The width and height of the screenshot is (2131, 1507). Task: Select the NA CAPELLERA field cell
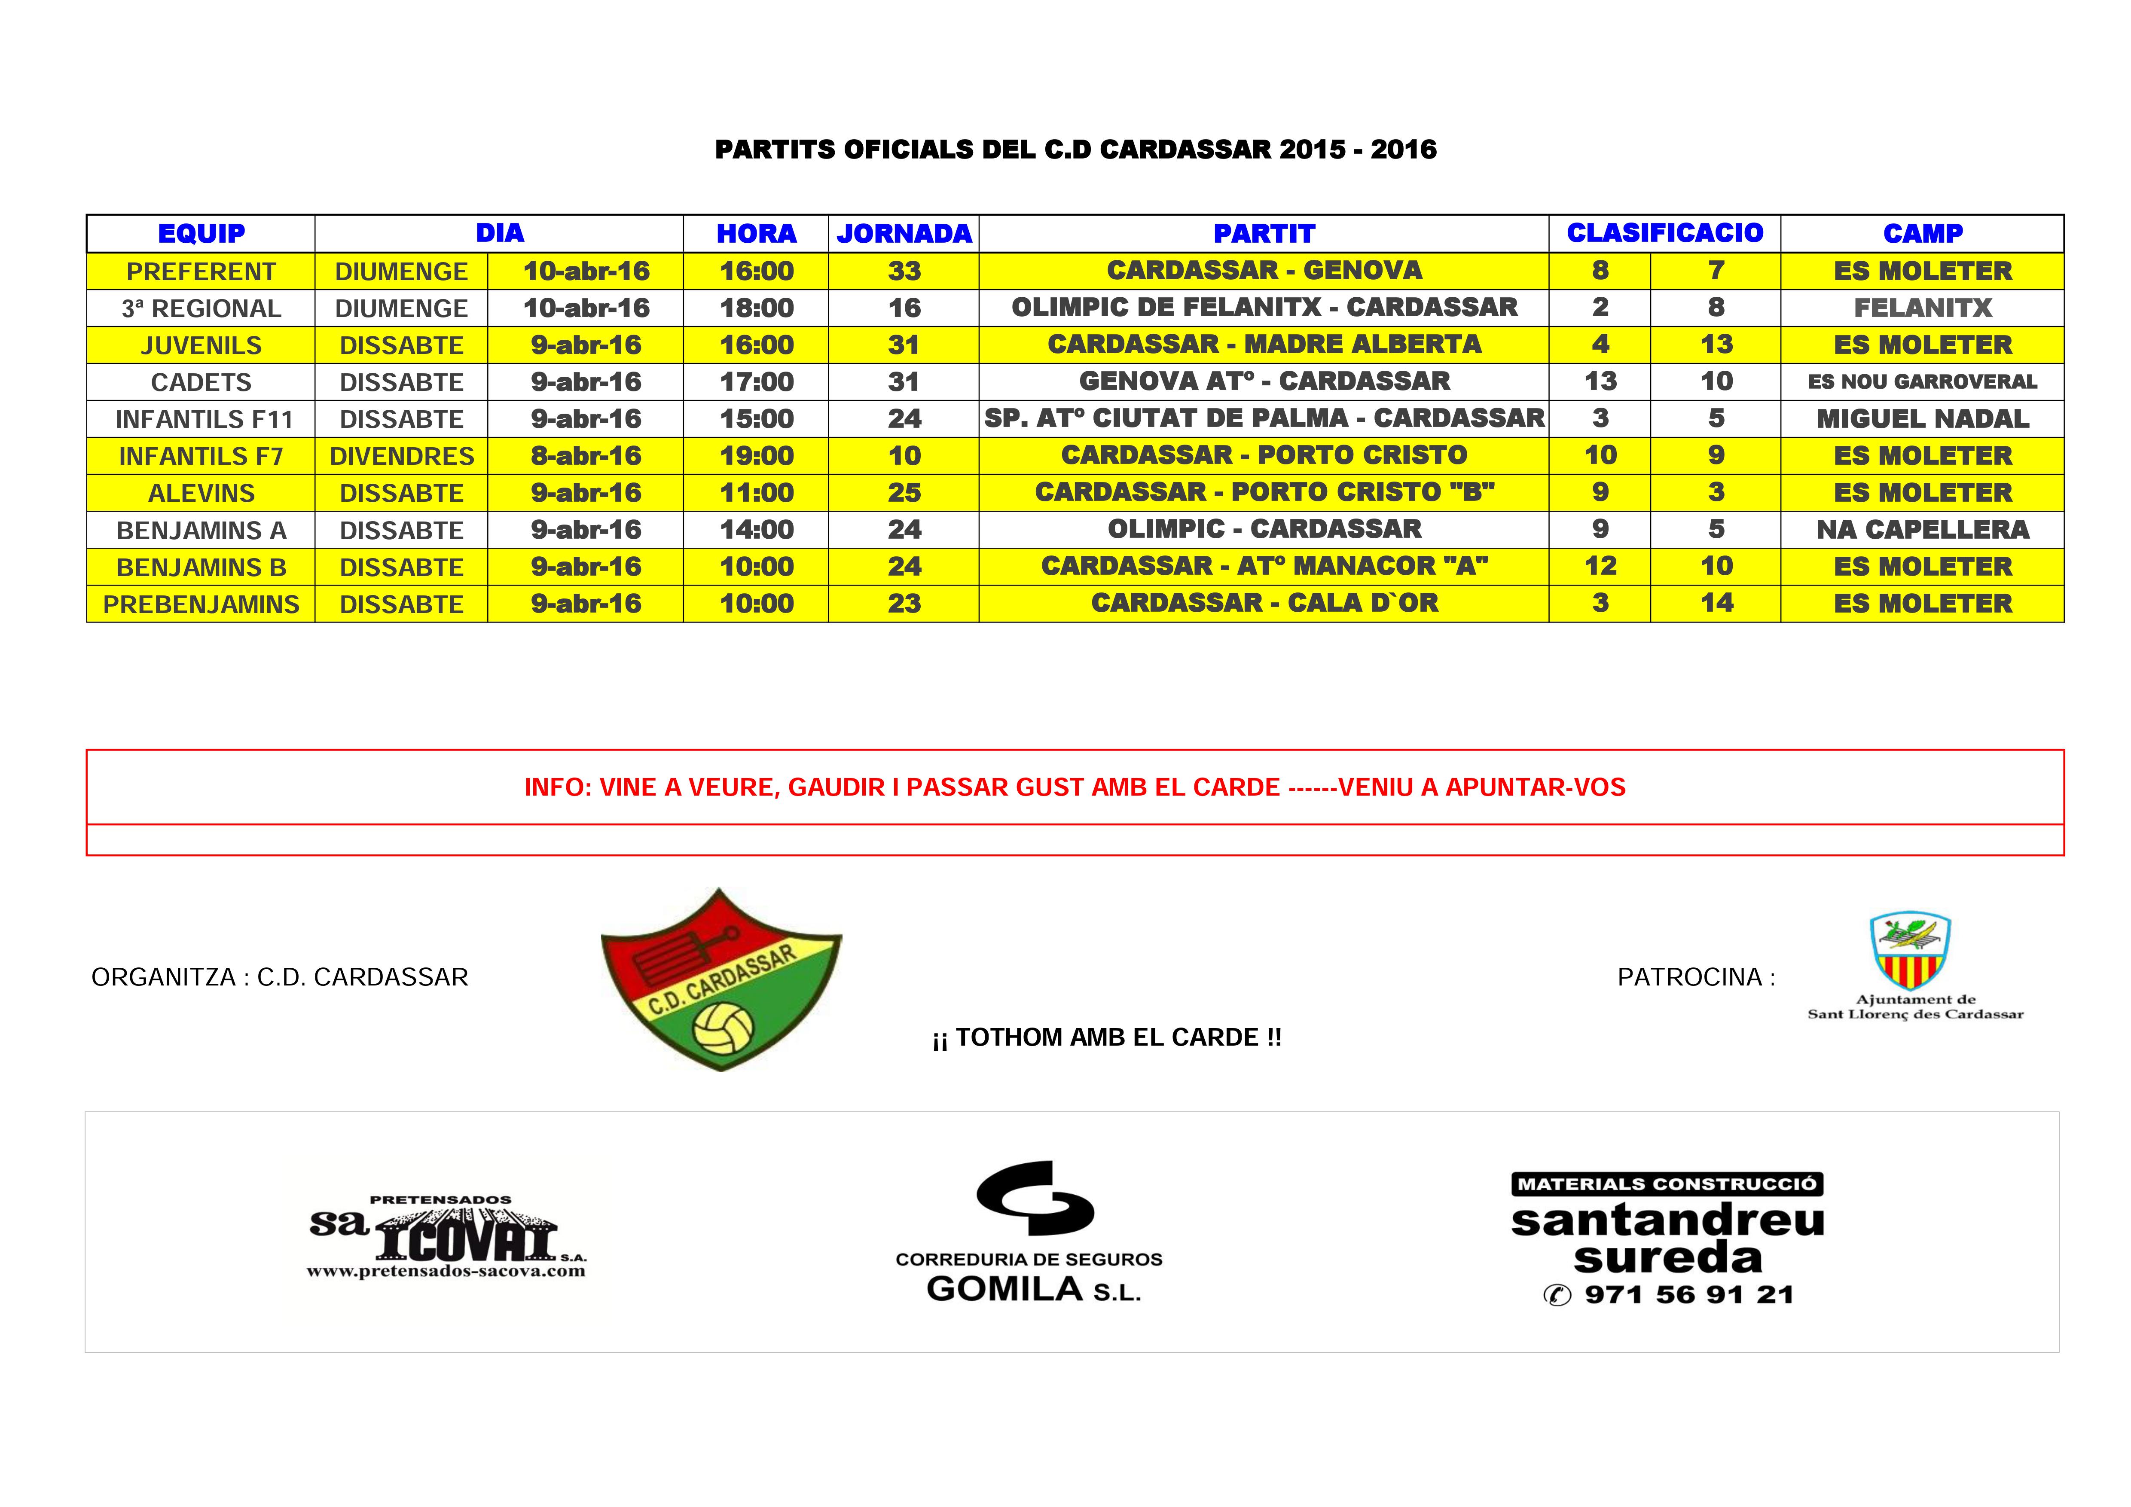click(x=1922, y=530)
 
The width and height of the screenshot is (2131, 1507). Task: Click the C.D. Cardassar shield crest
click(x=721, y=979)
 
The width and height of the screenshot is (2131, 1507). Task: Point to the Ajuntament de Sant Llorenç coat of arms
click(x=1909, y=951)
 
